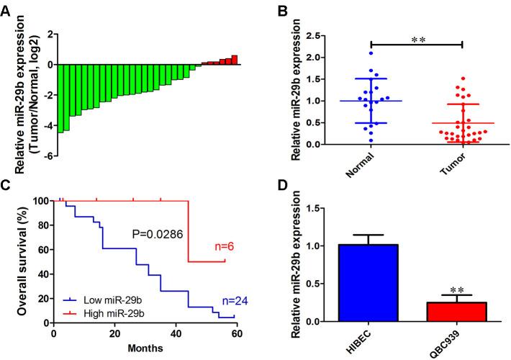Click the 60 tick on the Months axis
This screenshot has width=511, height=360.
[235, 334]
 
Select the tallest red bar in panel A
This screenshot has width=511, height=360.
[234, 60]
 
